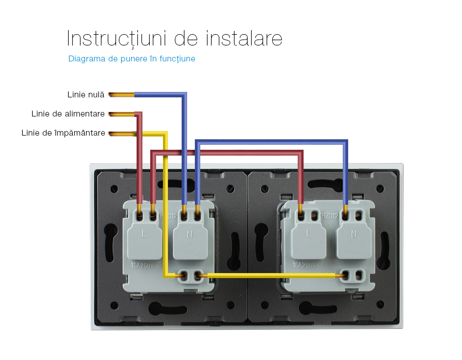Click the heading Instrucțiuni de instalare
(174, 39)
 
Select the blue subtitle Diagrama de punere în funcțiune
(132, 59)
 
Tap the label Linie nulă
(86, 95)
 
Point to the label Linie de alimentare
(68, 114)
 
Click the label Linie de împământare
(63, 133)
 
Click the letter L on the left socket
(144, 234)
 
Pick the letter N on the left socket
(189, 234)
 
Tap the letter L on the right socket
(308, 233)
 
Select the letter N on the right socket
(354, 234)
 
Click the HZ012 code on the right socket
(330, 216)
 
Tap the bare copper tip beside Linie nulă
(122, 95)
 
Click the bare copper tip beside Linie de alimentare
(122, 114)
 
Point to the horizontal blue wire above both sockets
(271, 142)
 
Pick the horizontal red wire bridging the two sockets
(227, 152)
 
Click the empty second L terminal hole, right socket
(315, 215)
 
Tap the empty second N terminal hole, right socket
(359, 215)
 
